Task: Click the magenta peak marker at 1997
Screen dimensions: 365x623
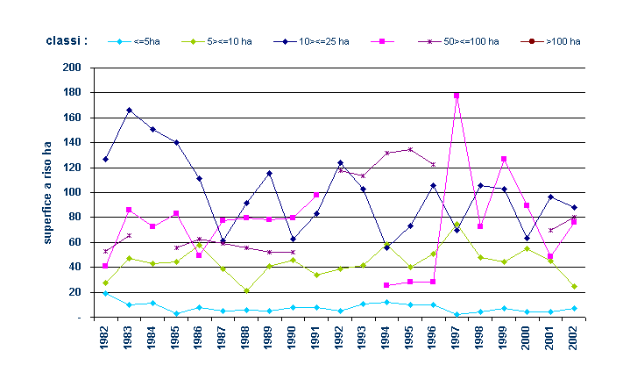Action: (x=457, y=95)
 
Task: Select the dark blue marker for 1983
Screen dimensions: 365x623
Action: (x=129, y=111)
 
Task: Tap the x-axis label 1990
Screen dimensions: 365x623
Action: (x=294, y=337)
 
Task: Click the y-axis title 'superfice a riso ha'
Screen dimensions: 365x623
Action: (x=48, y=192)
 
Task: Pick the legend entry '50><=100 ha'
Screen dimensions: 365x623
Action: (x=470, y=41)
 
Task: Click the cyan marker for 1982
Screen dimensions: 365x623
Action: (x=105, y=293)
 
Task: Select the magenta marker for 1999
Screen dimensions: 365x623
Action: (x=504, y=159)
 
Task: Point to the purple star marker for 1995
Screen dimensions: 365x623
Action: (x=410, y=149)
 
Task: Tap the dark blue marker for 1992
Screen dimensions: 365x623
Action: (x=340, y=162)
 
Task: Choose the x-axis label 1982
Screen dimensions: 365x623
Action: (x=105, y=337)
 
